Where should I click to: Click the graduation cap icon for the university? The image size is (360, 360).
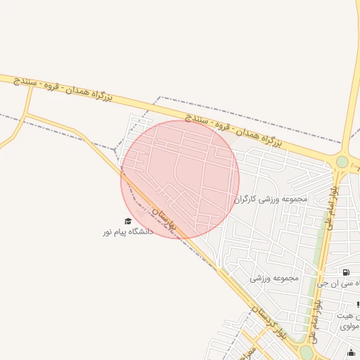click(x=127, y=221)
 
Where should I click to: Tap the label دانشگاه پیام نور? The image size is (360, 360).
click(x=127, y=231)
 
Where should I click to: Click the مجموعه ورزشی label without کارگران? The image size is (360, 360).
click(x=274, y=278)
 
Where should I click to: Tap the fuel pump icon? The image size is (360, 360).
click(x=346, y=272)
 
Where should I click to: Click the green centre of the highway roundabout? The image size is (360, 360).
click(x=342, y=162)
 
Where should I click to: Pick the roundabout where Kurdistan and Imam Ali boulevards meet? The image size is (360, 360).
click(x=306, y=351)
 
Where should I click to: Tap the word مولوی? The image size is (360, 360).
click(x=349, y=326)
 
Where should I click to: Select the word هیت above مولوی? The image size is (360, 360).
click(x=349, y=316)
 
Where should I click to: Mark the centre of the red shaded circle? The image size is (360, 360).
click(x=180, y=179)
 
